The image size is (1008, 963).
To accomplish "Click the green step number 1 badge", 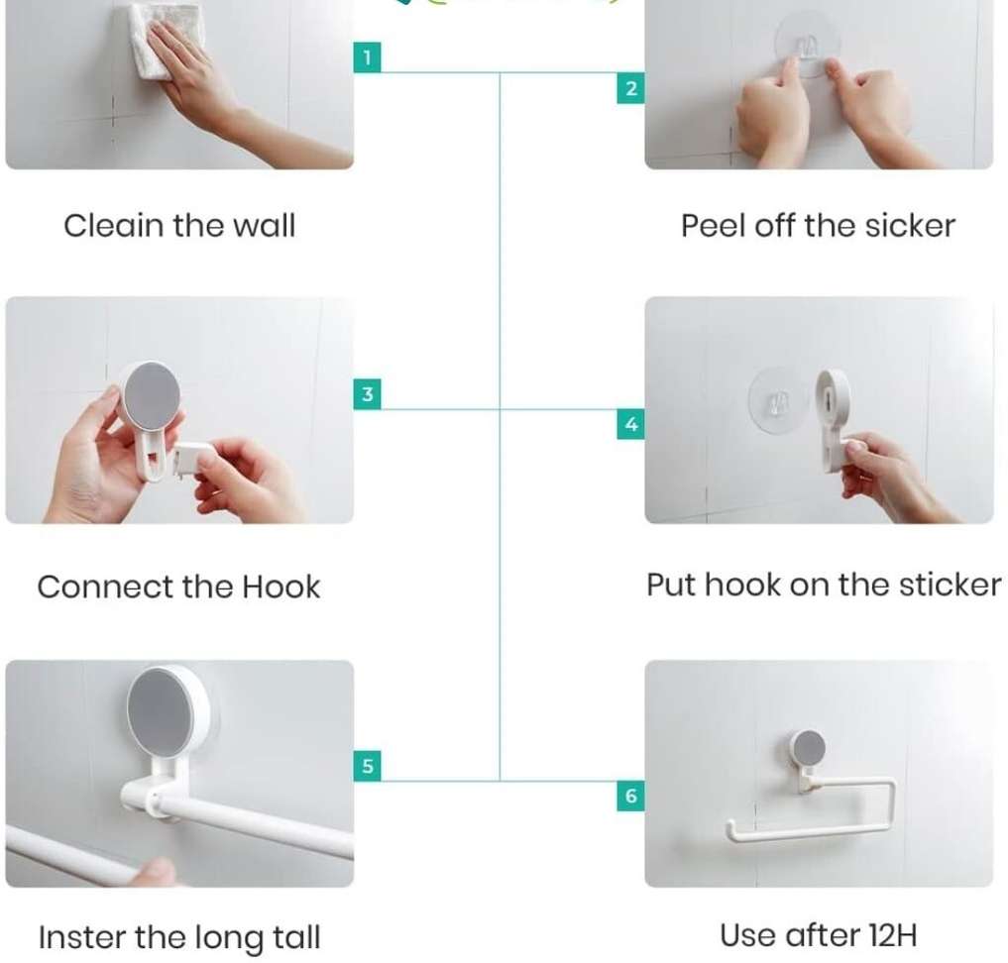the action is (x=367, y=57).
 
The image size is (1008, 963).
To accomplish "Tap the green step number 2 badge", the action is (x=630, y=88).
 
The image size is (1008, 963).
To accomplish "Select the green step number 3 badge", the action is (x=367, y=393).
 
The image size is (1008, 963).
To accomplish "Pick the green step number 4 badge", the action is (x=630, y=424).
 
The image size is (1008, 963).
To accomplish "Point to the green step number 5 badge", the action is (x=367, y=766).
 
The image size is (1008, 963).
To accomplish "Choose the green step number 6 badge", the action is (x=630, y=796).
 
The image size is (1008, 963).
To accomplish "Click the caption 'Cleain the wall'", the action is (x=179, y=226).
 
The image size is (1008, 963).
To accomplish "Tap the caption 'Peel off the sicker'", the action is (x=818, y=226).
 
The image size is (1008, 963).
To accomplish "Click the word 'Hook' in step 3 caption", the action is (x=280, y=587).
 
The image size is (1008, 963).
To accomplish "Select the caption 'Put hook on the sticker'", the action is (x=824, y=586).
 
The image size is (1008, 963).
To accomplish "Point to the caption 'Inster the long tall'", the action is (x=179, y=938).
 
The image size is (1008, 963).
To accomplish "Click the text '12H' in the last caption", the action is (x=892, y=935).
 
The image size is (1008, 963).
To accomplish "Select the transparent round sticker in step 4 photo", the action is (x=778, y=401).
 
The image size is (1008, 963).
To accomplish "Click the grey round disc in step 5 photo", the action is (x=167, y=711).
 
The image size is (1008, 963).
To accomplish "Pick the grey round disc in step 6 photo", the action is (x=809, y=748).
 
